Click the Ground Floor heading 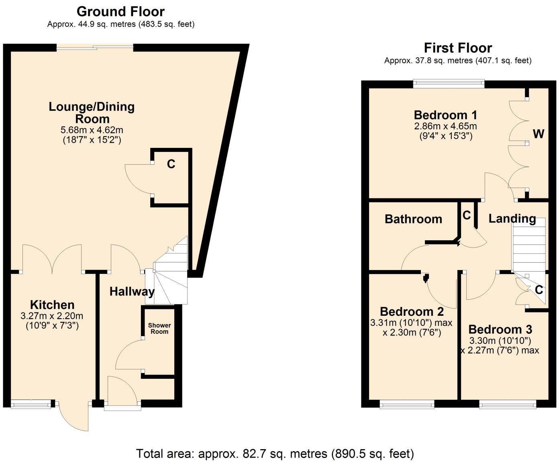tap(120, 11)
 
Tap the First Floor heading tap(458, 48)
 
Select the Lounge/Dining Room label tap(92, 112)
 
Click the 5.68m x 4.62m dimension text tap(92, 130)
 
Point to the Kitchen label tap(52, 305)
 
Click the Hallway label tap(132, 291)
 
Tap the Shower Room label tap(159, 328)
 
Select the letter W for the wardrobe tap(538, 134)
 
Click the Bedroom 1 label tap(445, 115)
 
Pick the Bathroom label tap(413, 219)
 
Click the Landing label tap(512, 219)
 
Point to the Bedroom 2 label tap(412, 311)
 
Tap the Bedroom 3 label tap(500, 329)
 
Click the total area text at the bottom tap(275, 454)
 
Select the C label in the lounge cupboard tap(171, 164)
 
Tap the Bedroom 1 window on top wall tap(449, 84)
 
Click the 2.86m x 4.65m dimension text tap(445, 126)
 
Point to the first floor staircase tap(528, 245)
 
